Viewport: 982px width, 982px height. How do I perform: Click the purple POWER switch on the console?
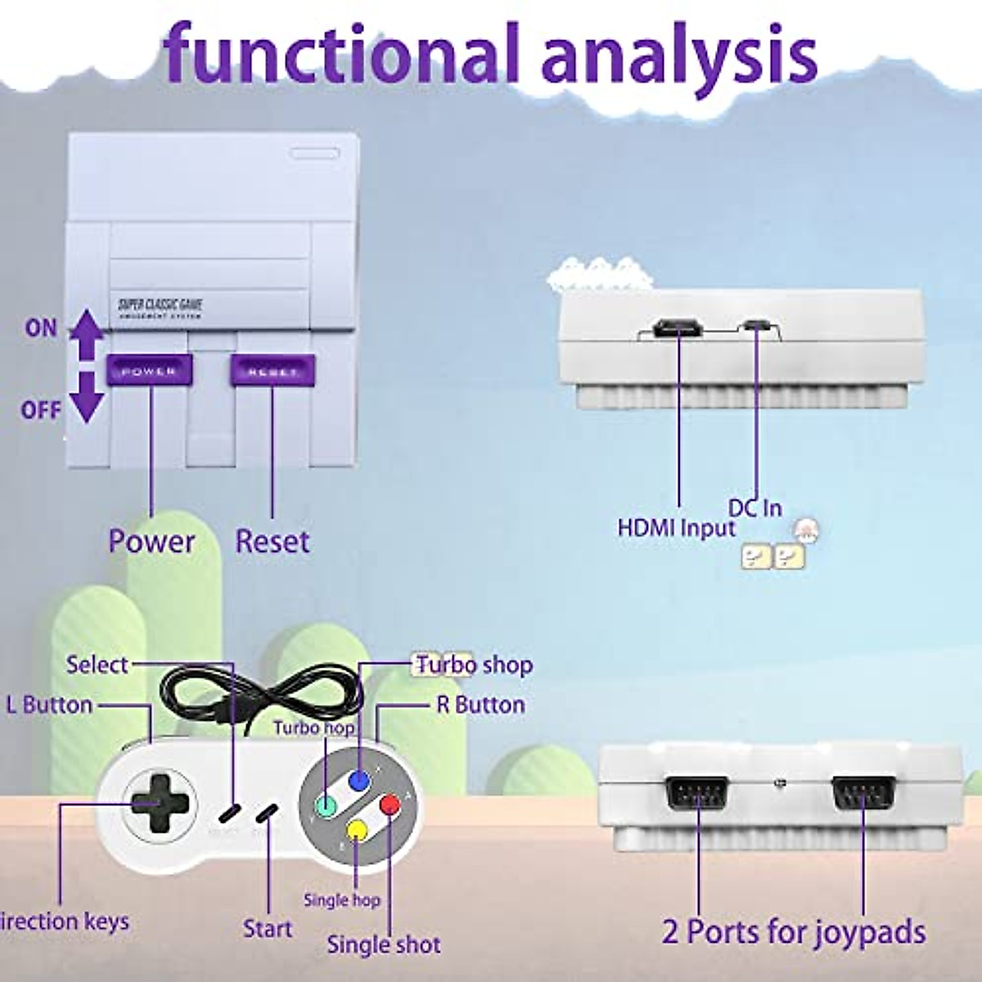(150, 371)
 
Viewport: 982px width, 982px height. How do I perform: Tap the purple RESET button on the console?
(273, 371)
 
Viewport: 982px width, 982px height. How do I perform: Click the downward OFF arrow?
(86, 398)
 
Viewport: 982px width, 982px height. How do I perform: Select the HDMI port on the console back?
(678, 330)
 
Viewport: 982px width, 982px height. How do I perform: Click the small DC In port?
(756, 327)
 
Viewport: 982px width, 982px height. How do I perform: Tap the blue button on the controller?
(358, 780)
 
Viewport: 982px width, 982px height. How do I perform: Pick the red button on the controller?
(390, 804)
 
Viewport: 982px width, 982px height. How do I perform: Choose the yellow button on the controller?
(358, 830)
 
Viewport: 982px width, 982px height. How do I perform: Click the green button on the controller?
(326, 806)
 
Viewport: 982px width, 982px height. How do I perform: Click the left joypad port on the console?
(697, 792)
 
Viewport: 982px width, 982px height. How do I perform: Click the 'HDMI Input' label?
(676, 528)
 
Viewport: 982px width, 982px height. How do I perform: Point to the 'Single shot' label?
(383, 944)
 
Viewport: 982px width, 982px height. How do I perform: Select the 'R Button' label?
(480, 705)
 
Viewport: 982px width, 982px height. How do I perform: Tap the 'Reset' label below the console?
(273, 541)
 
